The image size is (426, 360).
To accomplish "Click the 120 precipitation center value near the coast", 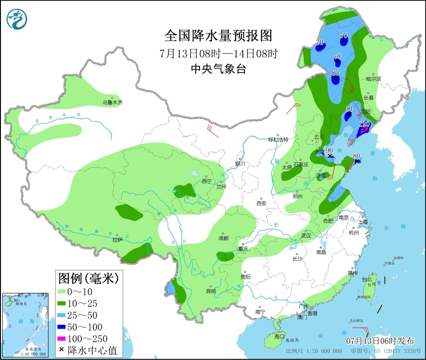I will pyautogui.click(x=364, y=124).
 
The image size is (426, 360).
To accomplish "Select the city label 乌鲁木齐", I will pyautogui.click(x=113, y=103).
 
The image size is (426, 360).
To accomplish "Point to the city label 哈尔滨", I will pyautogui.click(x=373, y=79).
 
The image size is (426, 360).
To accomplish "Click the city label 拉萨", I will pyautogui.click(x=117, y=240).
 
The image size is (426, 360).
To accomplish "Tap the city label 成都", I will pyautogui.click(x=223, y=238).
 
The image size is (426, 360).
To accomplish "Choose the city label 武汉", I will pyautogui.click(x=306, y=236).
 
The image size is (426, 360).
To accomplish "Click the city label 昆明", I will pyautogui.click(x=211, y=292).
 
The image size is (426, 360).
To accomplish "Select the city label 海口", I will pyautogui.click(x=280, y=336).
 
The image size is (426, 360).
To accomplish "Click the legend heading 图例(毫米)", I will pyautogui.click(x=88, y=279).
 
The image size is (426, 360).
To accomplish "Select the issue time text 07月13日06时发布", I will pyautogui.click(x=380, y=341).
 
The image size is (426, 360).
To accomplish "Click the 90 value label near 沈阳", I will pyautogui.click(x=349, y=109).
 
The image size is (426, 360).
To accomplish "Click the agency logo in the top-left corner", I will pyautogui.click(x=17, y=19).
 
